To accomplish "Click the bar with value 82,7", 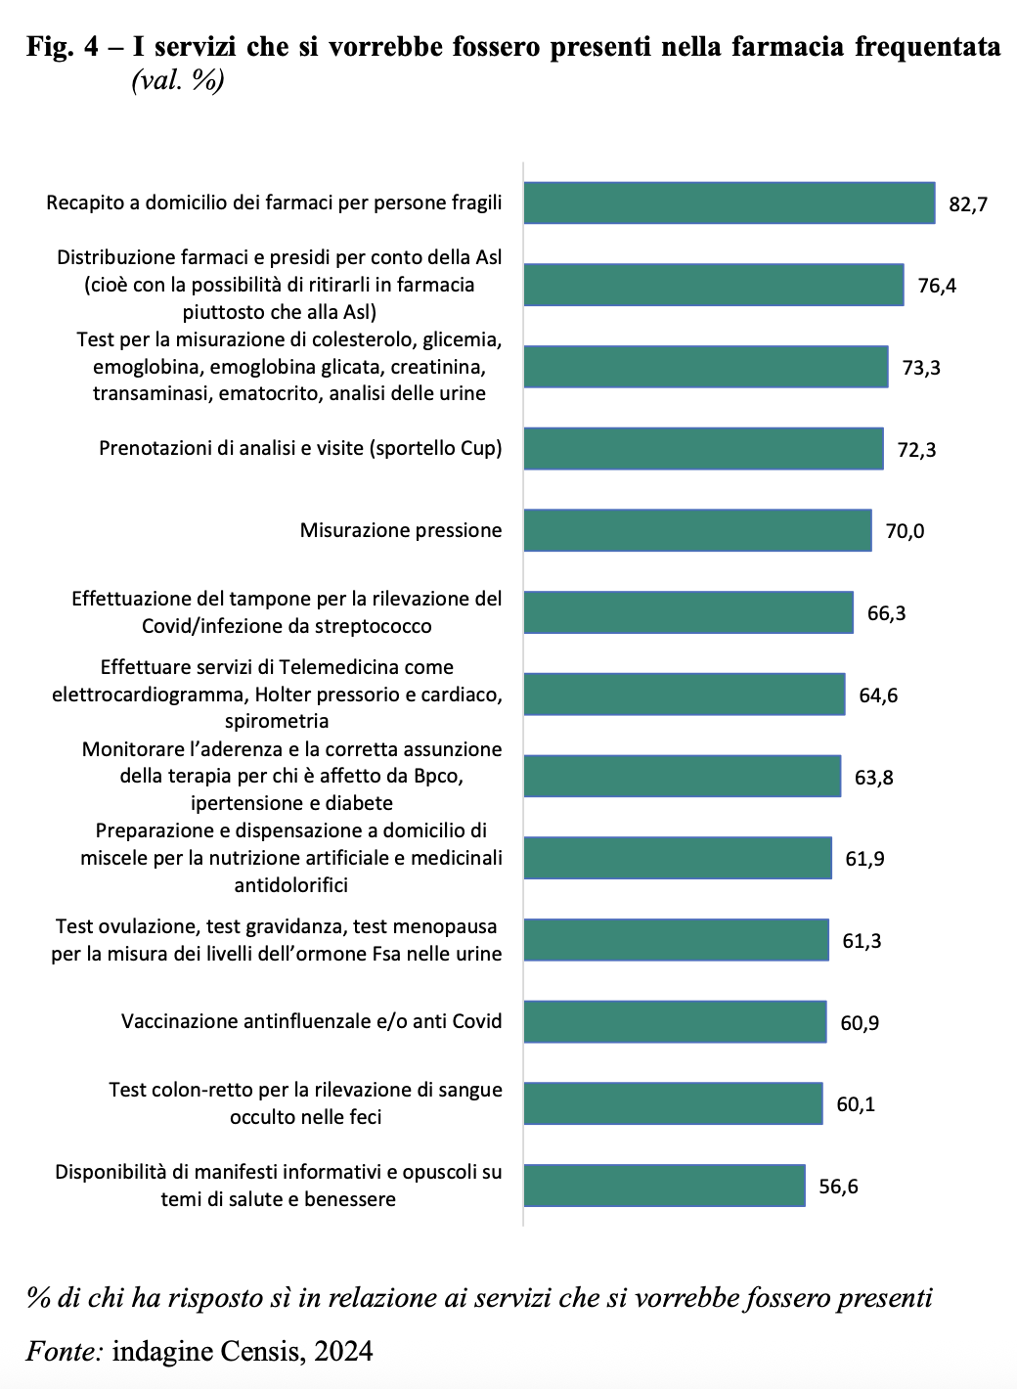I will tap(729, 203).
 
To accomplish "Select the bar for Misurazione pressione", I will tap(697, 530).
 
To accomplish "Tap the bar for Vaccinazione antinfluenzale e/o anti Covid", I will tap(675, 1022).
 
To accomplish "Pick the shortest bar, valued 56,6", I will tap(664, 1186).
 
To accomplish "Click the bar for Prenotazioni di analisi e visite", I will tap(703, 449).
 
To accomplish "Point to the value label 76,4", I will tap(937, 286).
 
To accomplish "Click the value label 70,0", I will tap(905, 531).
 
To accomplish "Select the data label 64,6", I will tap(878, 695).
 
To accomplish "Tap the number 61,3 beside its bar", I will tap(862, 941).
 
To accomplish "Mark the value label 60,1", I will tap(856, 1104).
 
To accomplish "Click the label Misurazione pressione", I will tap(401, 530).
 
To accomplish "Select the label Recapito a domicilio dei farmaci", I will tap(274, 202).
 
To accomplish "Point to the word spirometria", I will tap(277, 721).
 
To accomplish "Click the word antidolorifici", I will tap(290, 885).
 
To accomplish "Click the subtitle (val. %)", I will tap(178, 80).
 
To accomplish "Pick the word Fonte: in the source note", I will tap(65, 1351).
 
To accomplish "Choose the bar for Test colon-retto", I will tap(673, 1103).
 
